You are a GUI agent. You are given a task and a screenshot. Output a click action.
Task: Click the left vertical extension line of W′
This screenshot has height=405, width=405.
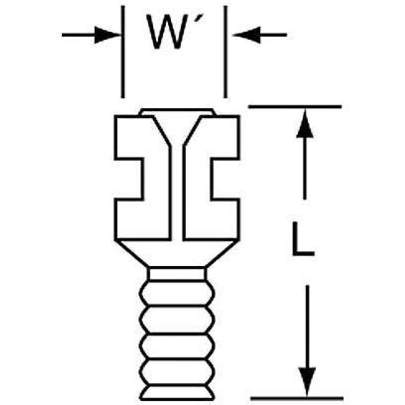(x=123, y=53)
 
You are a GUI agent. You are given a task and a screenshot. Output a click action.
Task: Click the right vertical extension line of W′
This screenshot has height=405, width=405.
(x=226, y=53)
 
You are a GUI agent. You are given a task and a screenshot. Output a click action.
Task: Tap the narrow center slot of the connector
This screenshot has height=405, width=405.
(x=177, y=194)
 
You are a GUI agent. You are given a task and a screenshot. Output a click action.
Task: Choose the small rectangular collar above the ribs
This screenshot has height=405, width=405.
(x=177, y=273)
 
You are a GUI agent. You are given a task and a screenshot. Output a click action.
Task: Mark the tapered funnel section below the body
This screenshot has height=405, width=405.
(x=177, y=253)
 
